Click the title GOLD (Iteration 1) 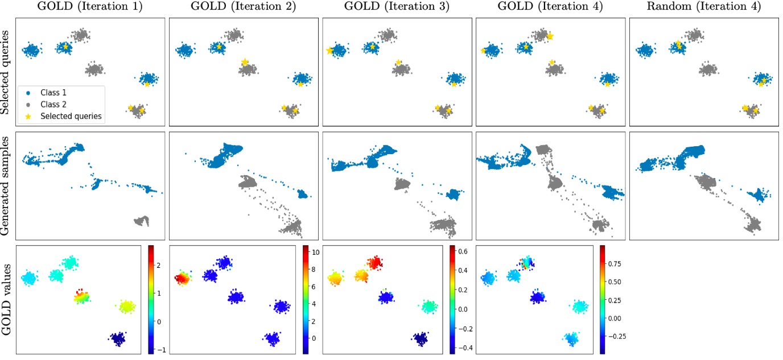[90, 7]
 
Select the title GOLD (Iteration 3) [397, 7]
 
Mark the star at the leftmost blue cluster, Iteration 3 [329, 51]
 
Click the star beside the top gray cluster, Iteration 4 [550, 36]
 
